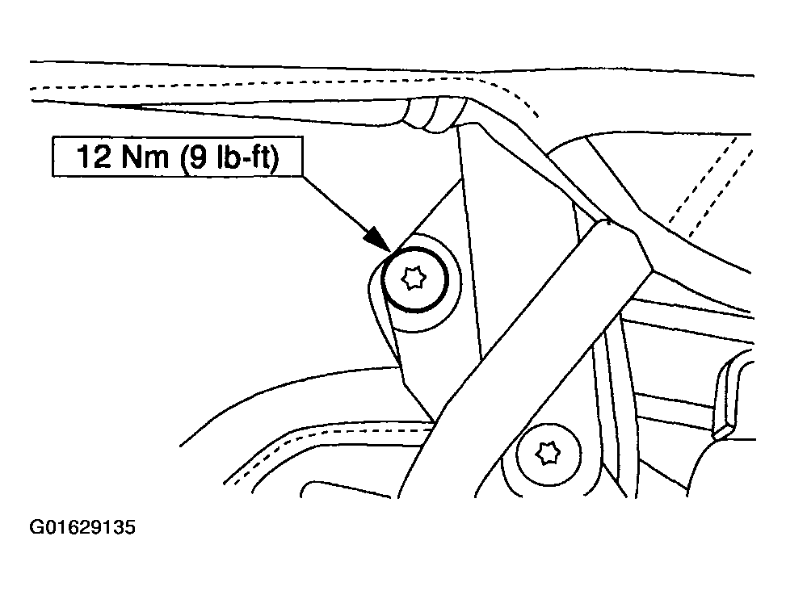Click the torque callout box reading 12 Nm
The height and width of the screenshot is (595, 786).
click(178, 157)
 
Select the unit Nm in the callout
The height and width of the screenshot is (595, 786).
click(146, 157)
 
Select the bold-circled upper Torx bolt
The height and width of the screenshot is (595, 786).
click(414, 279)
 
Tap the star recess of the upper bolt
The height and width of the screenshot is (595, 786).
click(414, 279)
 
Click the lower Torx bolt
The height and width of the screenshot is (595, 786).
click(549, 454)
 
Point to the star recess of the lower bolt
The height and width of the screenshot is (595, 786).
click(548, 453)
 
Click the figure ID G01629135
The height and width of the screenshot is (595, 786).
click(82, 528)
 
